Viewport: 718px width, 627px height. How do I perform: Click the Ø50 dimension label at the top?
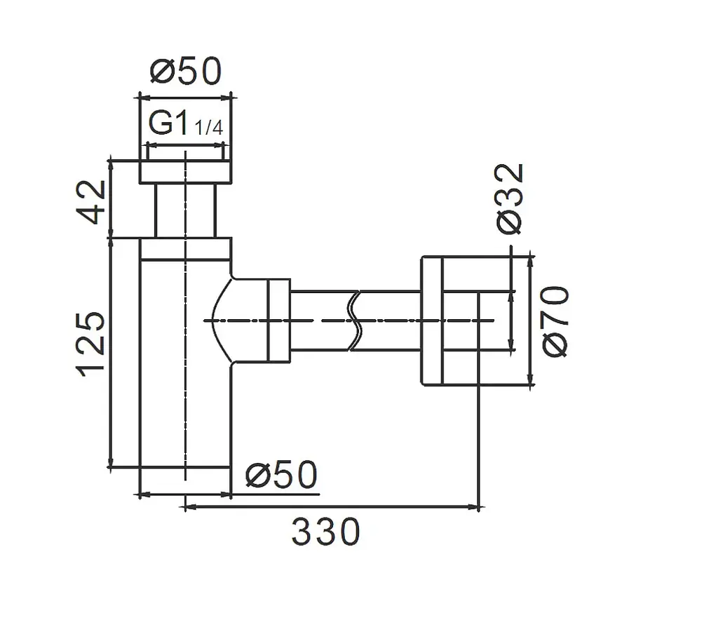(x=186, y=72)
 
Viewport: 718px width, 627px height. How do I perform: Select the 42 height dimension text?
(x=91, y=201)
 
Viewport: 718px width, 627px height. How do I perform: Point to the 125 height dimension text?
(x=91, y=344)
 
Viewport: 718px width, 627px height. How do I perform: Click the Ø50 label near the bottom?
(x=281, y=475)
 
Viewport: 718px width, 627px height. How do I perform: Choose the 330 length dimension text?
(x=326, y=532)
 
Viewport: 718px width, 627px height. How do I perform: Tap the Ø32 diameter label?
(x=509, y=198)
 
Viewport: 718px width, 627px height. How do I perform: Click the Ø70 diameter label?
(x=555, y=321)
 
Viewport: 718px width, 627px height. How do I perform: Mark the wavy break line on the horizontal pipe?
(x=355, y=321)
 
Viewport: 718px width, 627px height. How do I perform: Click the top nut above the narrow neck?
(x=185, y=172)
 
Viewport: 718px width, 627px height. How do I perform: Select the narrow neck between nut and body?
(x=185, y=210)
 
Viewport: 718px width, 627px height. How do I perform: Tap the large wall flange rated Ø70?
(x=432, y=321)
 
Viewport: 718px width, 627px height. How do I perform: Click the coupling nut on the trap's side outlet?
(x=279, y=321)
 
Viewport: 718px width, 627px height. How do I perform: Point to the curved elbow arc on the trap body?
(x=217, y=321)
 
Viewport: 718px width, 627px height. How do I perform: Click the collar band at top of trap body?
(x=185, y=249)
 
